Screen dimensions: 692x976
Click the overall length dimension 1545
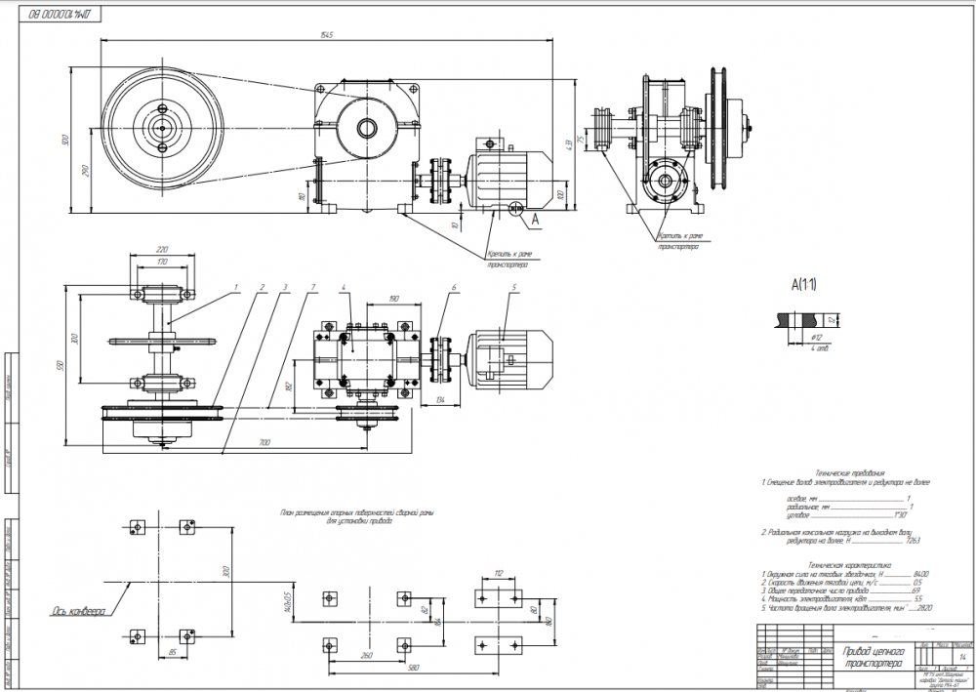[326, 36]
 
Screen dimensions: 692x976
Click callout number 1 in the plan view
[235, 288]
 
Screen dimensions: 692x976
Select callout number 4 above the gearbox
[345, 288]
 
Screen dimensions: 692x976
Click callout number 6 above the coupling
[454, 288]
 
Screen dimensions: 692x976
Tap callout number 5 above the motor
[509, 288]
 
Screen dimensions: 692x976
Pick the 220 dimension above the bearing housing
[161, 250]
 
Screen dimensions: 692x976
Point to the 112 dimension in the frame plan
[497, 574]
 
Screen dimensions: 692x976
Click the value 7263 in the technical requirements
[914, 539]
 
